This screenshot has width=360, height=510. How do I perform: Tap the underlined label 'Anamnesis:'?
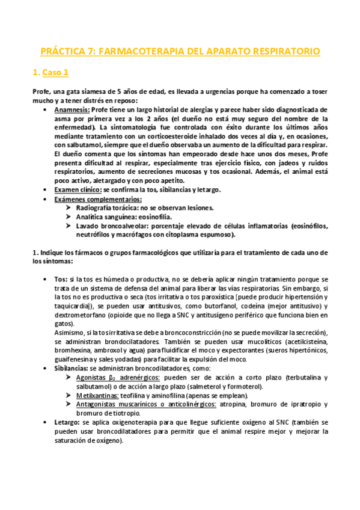[71, 111]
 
